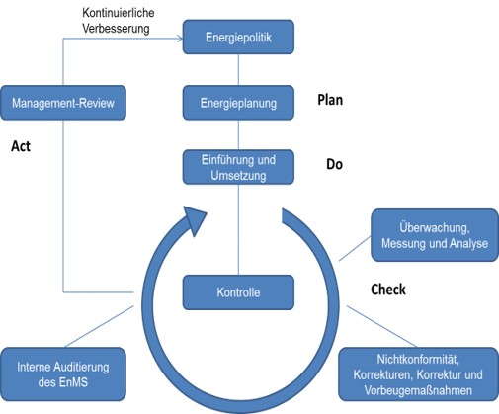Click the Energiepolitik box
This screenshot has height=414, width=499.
[238, 37]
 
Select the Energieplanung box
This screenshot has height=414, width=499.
[238, 103]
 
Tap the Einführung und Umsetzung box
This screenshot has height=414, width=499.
[238, 167]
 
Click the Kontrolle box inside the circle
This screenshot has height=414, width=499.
[238, 292]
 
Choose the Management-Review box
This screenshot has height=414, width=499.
[63, 103]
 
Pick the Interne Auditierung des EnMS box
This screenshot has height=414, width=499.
[63, 374]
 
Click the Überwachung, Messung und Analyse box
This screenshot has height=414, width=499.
[435, 235]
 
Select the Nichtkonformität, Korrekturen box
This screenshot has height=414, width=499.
[418, 374]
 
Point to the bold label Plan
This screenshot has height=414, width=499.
[330, 100]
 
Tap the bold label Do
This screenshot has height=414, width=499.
[334, 164]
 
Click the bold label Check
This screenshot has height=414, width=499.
[388, 290]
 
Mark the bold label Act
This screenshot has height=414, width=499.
[21, 146]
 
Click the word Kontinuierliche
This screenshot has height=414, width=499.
[119, 13]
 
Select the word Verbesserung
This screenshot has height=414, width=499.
[116, 29]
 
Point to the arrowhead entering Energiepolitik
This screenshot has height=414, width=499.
[180, 39]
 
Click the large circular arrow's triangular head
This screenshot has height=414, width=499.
[195, 219]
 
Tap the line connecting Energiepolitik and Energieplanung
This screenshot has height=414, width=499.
[238, 70]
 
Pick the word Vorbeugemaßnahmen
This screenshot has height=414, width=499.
[418, 390]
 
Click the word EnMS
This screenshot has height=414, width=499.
[73, 382]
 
